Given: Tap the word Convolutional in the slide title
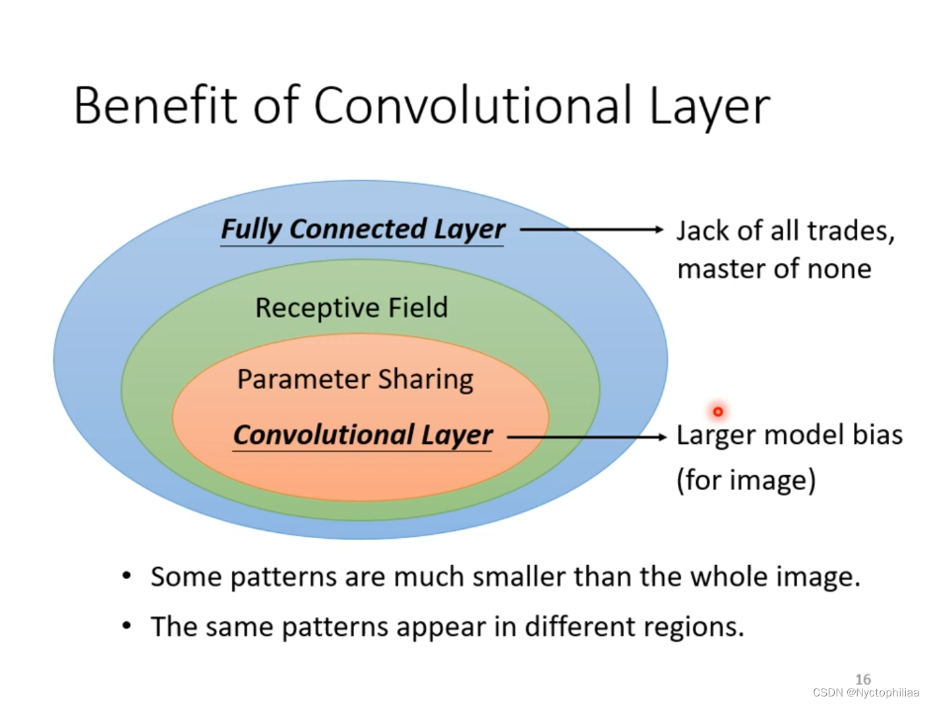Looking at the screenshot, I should (472, 106).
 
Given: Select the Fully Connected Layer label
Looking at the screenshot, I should (363, 230).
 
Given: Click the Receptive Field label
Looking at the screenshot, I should (351, 308).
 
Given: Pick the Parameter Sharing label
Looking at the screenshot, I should (355, 379).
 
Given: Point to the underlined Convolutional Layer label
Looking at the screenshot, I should (363, 435).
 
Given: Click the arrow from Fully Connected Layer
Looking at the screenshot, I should (591, 230).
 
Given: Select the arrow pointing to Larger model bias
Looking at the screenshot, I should (587, 437).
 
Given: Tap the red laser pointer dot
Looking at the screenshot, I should (718, 412).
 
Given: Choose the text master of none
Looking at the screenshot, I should (774, 269).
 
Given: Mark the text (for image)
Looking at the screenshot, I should (746, 480).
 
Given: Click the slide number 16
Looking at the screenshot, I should (862, 679).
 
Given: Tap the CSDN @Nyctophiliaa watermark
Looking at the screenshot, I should (866, 692).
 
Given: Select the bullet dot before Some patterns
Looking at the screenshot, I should (127, 576).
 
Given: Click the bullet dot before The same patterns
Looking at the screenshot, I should (127, 626).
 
